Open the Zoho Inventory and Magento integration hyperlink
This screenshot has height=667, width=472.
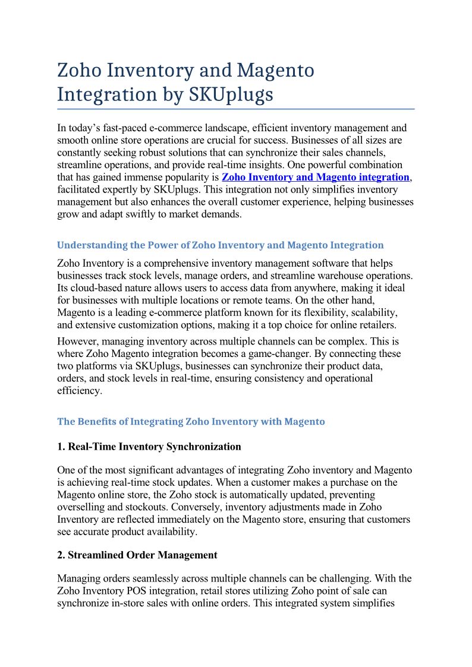[x=315, y=177]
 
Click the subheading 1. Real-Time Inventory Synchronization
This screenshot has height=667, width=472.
[x=149, y=446]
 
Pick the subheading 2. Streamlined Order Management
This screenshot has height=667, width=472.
[x=137, y=555]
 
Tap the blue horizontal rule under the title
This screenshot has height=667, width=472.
[x=235, y=109]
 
